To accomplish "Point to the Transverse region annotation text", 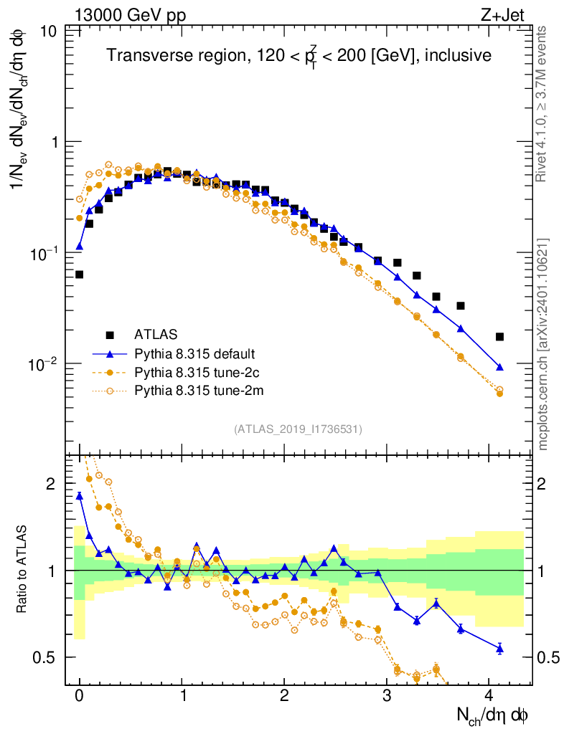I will [x=299, y=56].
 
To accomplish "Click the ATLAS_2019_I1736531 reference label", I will [x=298, y=429].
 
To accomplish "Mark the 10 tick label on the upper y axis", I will [x=50, y=32].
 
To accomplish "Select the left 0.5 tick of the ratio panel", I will [x=50, y=657].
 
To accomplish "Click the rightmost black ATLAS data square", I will [x=499, y=337].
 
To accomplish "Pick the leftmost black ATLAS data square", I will [x=79, y=275].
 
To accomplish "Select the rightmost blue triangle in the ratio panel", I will [x=499, y=649].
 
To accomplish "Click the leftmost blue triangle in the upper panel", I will [x=80, y=246].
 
